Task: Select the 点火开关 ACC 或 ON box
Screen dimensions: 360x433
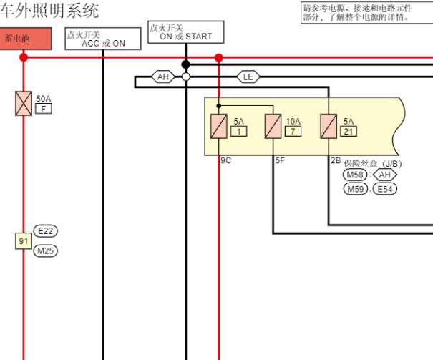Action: tap(102, 39)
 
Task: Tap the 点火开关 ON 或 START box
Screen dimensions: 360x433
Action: tap(185, 32)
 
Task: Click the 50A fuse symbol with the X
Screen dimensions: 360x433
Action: tap(24, 103)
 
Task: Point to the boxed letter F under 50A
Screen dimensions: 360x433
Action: tap(44, 109)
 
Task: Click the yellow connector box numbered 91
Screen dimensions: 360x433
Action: tap(24, 241)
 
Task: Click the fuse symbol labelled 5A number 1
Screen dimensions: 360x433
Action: tap(219, 127)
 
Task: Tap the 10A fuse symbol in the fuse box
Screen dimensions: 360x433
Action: tap(273, 127)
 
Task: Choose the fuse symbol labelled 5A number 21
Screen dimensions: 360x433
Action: tap(329, 127)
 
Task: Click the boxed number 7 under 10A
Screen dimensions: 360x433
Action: tap(293, 132)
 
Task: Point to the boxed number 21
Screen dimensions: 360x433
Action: tap(349, 132)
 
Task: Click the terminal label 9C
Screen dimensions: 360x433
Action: tap(225, 161)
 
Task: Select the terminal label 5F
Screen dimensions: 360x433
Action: tap(281, 161)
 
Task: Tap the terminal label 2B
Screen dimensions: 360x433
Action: tap(335, 161)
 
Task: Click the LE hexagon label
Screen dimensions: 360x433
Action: tap(248, 77)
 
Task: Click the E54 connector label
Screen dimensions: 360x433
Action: tap(385, 189)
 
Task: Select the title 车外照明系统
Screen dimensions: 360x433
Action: tap(50, 11)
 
